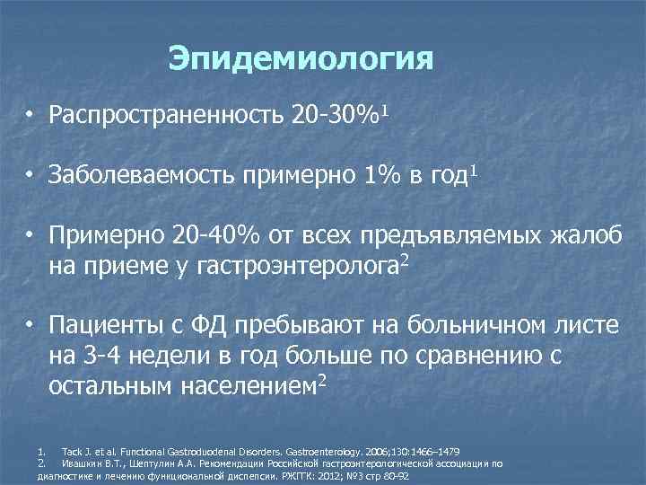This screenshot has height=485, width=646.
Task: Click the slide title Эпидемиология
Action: click(x=301, y=59)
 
